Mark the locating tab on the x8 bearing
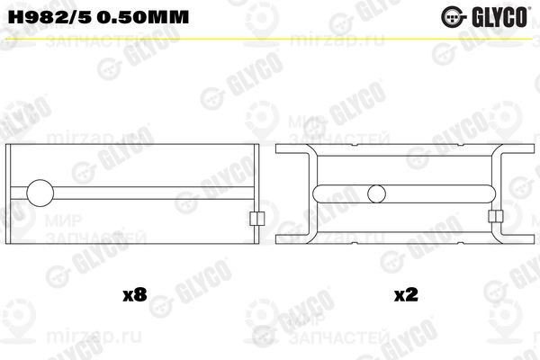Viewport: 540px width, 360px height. click(x=255, y=220)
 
